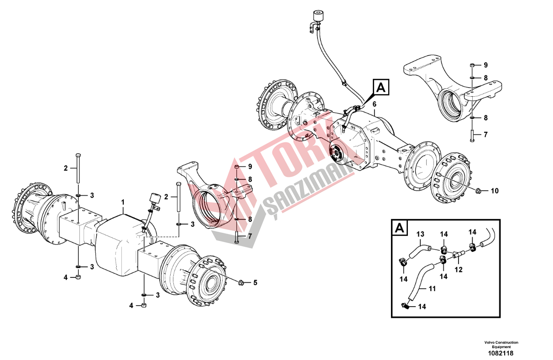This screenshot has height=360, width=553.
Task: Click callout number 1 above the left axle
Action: coord(123,203)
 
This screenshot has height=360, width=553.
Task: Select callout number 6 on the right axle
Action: coord(375,104)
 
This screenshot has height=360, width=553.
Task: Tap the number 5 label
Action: coord(255,283)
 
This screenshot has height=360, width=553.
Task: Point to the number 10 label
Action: coord(495,191)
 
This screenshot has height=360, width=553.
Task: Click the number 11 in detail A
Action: coord(432,289)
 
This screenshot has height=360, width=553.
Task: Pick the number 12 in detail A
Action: coord(459,270)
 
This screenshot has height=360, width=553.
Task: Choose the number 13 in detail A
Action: coord(420,234)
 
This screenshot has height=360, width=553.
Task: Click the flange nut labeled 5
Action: coord(241,282)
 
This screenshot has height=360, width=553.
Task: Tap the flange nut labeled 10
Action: coord(479,190)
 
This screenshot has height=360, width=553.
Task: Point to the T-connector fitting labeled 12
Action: coord(459,254)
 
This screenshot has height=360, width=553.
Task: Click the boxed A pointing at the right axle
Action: coord(381,87)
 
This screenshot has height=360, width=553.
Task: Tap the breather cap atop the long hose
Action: coord(318,16)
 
